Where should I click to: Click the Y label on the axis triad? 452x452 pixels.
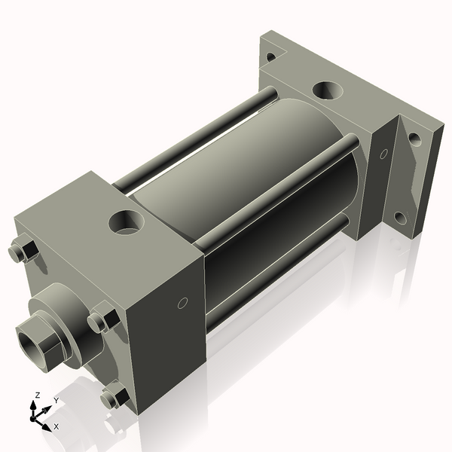tap(56, 401)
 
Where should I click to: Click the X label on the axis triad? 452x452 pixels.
tap(56, 426)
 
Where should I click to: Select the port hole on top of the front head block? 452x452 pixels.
tap(124, 222)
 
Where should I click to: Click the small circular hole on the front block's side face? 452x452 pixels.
tap(181, 304)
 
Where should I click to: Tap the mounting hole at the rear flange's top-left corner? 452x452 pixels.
tap(270, 54)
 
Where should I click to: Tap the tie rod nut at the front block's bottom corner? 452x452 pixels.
tap(114, 395)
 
